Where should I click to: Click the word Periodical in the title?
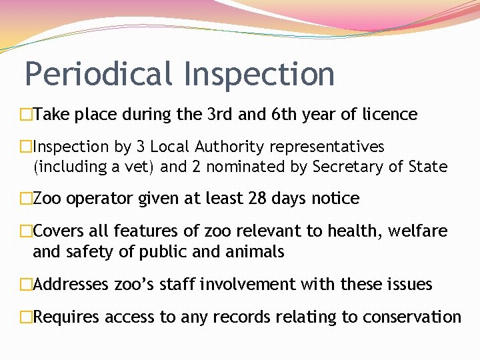(98, 74)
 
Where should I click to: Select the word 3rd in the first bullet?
(215, 115)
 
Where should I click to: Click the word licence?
(389, 115)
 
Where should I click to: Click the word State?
(425, 167)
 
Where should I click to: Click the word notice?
(337, 199)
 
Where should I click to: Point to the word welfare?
(419, 231)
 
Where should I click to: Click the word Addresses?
(71, 285)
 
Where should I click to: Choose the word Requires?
(64, 317)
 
